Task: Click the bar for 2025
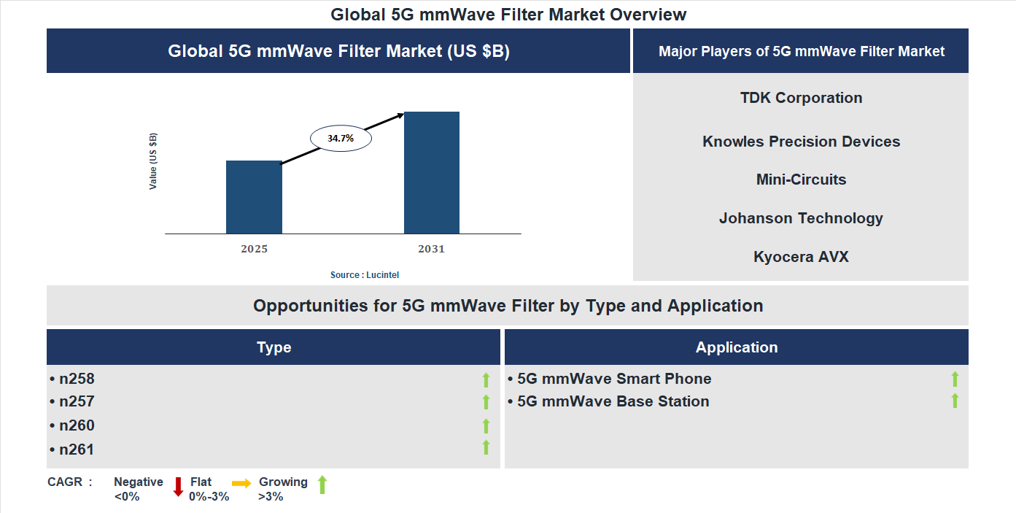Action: (254, 197)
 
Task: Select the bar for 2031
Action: (432, 172)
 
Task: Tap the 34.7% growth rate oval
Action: (341, 137)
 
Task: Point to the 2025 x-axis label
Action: (254, 249)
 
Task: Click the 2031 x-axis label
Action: (431, 249)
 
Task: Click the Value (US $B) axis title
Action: (153, 161)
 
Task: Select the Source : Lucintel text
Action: (365, 274)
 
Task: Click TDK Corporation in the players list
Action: (801, 98)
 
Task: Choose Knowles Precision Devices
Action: (801, 142)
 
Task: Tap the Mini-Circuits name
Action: (801, 180)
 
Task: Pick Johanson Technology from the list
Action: (801, 218)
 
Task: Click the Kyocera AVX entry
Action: (801, 257)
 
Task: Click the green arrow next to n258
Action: (486, 379)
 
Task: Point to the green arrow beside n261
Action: (486, 447)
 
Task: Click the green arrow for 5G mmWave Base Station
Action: (955, 401)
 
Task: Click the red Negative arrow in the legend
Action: (178, 486)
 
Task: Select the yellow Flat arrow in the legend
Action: (241, 483)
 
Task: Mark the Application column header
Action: (737, 347)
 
